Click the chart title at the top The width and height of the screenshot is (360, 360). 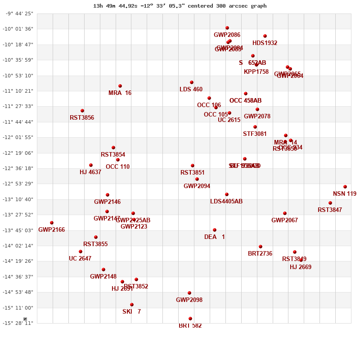(180, 6)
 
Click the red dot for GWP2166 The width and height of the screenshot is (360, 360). (52, 223)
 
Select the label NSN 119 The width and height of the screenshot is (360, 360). (345, 194)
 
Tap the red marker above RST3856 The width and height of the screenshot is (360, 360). (82, 111)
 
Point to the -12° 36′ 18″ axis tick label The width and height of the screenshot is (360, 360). (19, 168)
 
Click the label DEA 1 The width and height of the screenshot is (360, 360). (214, 237)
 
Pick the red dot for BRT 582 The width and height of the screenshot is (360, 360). (190, 319)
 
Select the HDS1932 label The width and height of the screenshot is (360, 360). (265, 43)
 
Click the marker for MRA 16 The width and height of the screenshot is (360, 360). (120, 86)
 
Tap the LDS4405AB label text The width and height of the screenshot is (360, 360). (226, 202)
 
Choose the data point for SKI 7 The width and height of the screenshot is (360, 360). (132, 305)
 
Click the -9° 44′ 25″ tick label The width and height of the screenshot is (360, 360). (19, 13)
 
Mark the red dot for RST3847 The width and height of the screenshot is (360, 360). (330, 203)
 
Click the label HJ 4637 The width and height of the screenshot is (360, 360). (90, 172)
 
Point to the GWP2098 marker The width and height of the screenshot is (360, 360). (189, 293)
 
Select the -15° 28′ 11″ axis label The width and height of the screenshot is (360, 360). (19, 323)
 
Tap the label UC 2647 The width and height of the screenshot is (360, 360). (80, 259)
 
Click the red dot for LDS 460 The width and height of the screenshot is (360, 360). (192, 82)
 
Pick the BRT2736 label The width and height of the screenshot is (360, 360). (260, 254)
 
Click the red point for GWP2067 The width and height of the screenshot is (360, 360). (285, 213)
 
